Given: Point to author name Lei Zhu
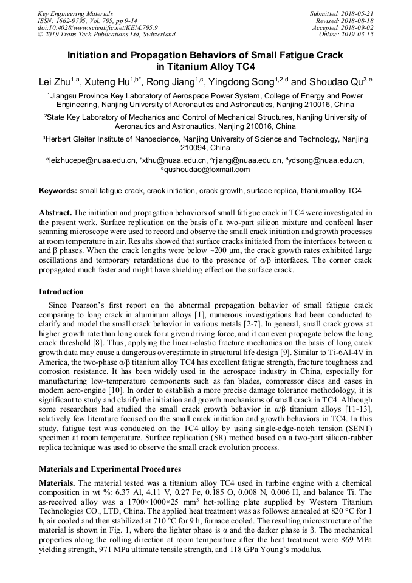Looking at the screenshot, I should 53,82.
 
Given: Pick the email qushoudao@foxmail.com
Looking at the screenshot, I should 207,170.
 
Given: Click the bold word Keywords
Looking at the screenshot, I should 58,191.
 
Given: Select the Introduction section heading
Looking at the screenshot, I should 61,292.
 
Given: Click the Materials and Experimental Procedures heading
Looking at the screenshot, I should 110,469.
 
